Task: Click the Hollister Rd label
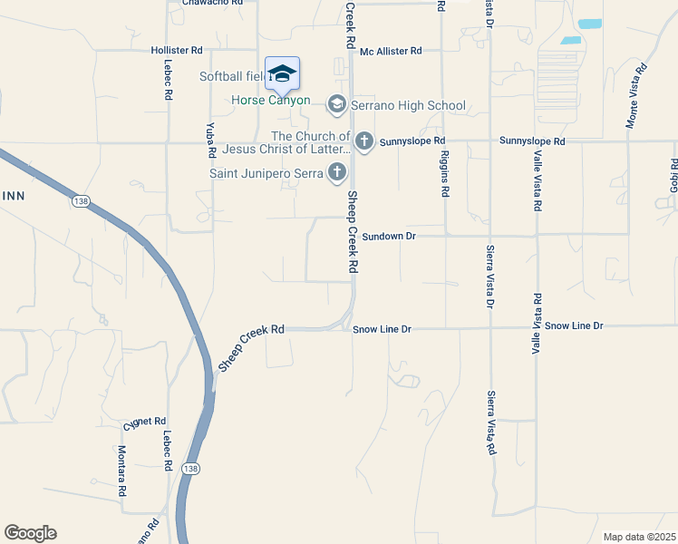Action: pyautogui.click(x=177, y=51)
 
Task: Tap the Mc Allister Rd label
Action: pyautogui.click(x=391, y=52)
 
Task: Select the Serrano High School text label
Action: pyautogui.click(x=410, y=105)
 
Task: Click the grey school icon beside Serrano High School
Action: pyautogui.click(x=337, y=105)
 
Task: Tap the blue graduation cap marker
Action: pyautogui.click(x=282, y=73)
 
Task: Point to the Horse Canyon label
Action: pyautogui.click(x=271, y=101)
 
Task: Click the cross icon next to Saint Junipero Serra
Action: pyautogui.click(x=337, y=171)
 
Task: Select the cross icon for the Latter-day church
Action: pyautogui.click(x=363, y=141)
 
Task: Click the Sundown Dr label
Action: pyautogui.click(x=388, y=236)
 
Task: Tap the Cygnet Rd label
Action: pyautogui.click(x=145, y=422)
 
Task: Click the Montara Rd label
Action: pyautogui.click(x=121, y=471)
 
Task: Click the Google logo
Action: pyautogui.click(x=30, y=533)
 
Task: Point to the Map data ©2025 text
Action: pyautogui.click(x=639, y=537)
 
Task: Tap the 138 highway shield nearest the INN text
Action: pyautogui.click(x=82, y=201)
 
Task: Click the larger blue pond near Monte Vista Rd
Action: pyautogui.click(x=590, y=24)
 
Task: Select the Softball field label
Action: pyautogui.click(x=232, y=76)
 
